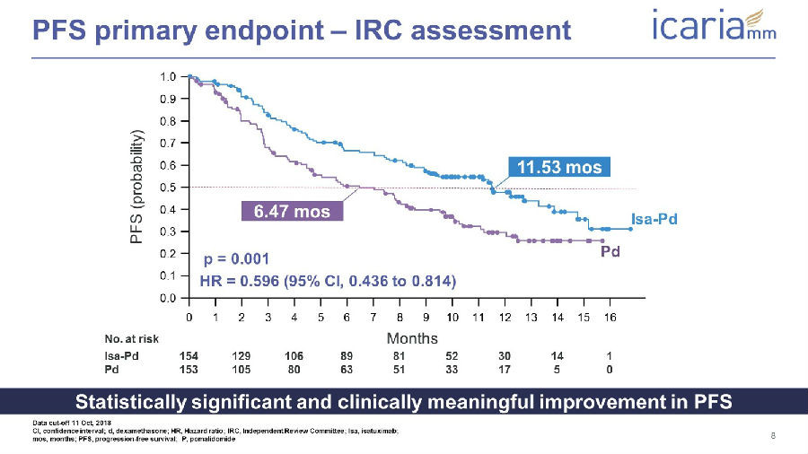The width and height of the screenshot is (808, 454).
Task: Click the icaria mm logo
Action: pyautogui.click(x=715, y=24)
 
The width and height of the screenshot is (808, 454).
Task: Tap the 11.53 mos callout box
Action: pyautogui.click(x=559, y=167)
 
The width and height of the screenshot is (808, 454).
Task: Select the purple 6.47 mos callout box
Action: pyautogui.click(x=292, y=211)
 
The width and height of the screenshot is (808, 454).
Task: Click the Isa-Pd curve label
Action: pyautogui.click(x=654, y=219)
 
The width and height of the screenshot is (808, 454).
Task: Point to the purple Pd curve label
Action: pyautogui.click(x=610, y=252)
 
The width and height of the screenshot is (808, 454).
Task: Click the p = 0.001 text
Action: pyautogui.click(x=236, y=258)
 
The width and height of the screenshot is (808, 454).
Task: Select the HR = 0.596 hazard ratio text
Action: pyautogui.click(x=329, y=281)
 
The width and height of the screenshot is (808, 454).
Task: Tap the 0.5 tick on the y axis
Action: pyautogui.click(x=168, y=188)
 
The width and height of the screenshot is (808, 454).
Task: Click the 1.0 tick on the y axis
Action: pyautogui.click(x=168, y=76)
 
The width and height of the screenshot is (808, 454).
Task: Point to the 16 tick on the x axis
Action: pyautogui.click(x=610, y=317)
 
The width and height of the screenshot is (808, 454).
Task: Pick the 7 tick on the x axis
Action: pyautogui.click(x=373, y=317)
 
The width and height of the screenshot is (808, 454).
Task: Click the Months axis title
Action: pyautogui.click(x=412, y=338)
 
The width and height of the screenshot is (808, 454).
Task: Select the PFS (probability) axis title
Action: pyautogui.click(x=136, y=187)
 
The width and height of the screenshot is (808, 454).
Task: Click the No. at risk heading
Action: pyautogui.click(x=131, y=338)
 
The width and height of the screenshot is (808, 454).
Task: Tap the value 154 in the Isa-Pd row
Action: pyautogui.click(x=189, y=355)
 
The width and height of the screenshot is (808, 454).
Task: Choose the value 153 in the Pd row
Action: pyautogui.click(x=189, y=369)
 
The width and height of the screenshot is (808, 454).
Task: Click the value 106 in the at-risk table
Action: pyautogui.click(x=294, y=355)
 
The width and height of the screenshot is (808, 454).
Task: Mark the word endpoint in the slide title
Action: pyautogui.click(x=262, y=30)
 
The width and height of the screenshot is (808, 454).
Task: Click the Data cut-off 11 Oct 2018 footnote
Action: pyautogui.click(x=72, y=423)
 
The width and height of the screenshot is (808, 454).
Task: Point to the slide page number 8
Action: pyautogui.click(x=773, y=435)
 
